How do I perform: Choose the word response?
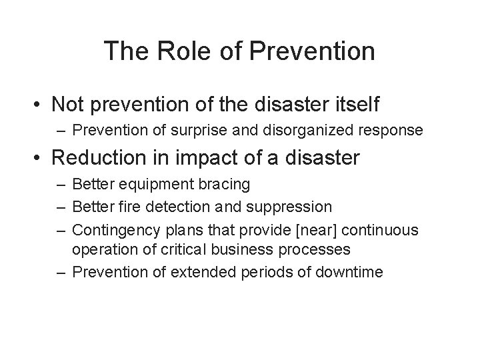pos(396,130)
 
